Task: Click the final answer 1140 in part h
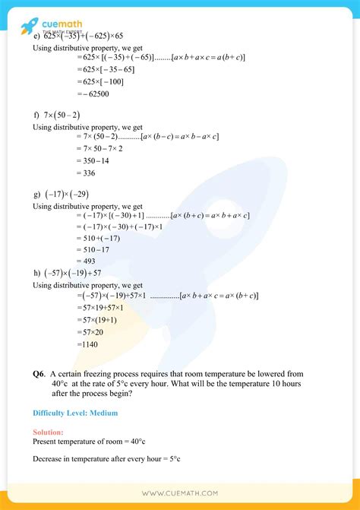point(89,344)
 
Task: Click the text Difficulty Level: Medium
point(75,413)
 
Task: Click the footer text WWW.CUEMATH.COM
point(179,493)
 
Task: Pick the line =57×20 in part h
point(92,331)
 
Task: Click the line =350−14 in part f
point(93,160)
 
